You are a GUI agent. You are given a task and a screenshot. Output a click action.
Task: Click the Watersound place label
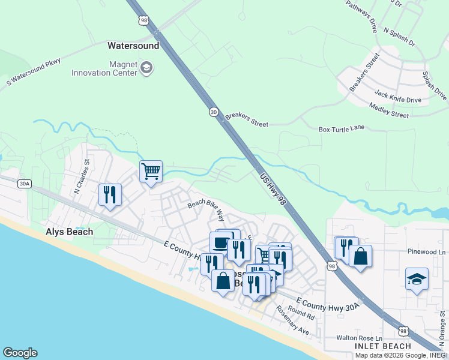[133, 46]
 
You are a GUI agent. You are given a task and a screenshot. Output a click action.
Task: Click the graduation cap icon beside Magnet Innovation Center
[146, 68]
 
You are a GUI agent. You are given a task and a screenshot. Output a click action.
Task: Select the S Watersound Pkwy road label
[35, 73]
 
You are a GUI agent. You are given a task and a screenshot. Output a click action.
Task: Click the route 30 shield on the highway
[214, 112]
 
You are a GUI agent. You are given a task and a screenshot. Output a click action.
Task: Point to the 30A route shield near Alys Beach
[23, 184]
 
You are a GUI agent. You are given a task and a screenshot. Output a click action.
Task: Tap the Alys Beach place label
[70, 232]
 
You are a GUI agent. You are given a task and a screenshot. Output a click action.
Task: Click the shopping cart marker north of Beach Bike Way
[151, 172]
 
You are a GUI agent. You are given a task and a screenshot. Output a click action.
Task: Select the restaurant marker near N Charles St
[110, 195]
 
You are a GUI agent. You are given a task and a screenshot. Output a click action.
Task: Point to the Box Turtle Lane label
[342, 128]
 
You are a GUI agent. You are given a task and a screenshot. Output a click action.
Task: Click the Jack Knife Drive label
[398, 97]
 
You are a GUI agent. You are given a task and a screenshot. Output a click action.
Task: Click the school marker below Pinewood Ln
[417, 280]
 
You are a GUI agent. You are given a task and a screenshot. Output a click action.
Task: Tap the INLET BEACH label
[382, 346]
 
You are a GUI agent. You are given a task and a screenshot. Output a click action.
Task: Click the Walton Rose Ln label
[359, 338]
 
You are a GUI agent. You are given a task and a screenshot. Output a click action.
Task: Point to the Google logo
[20, 353]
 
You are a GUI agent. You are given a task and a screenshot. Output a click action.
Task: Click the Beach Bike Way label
[206, 209]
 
